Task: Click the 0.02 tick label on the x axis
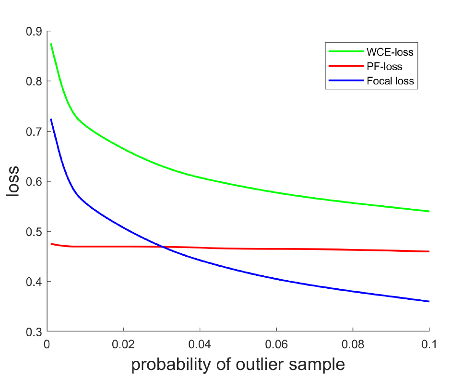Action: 123,344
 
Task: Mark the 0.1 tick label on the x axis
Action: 428,344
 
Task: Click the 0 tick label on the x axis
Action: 47,344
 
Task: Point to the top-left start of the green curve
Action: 51,44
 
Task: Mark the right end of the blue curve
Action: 428,301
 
